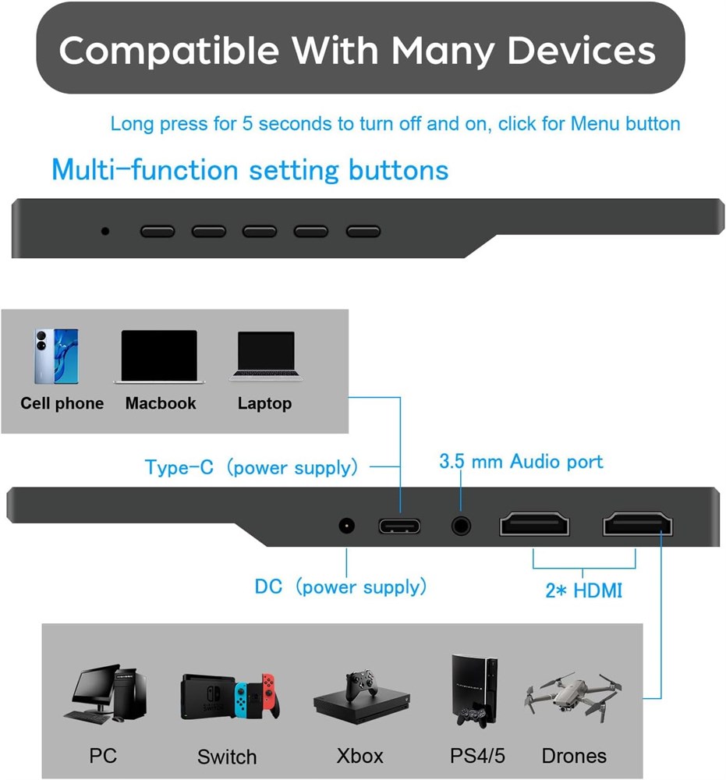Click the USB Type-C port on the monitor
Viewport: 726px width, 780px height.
(x=399, y=526)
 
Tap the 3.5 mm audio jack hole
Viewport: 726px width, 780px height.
(x=461, y=526)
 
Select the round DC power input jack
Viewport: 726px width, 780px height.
(x=346, y=525)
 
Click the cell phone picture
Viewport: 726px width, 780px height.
(x=55, y=356)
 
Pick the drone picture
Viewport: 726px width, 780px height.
(x=572, y=696)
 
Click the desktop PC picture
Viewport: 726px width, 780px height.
(x=105, y=693)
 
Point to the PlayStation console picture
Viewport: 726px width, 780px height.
(x=474, y=691)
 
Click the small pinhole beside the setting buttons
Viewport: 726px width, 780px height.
(x=105, y=232)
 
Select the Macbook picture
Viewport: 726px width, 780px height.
(x=159, y=356)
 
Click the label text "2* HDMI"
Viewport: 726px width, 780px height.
(x=583, y=590)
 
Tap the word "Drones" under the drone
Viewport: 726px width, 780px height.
(x=574, y=756)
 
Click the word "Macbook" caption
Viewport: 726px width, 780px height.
(x=161, y=403)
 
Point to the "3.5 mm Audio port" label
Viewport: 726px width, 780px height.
(x=521, y=462)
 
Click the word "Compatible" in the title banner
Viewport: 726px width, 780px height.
(x=169, y=51)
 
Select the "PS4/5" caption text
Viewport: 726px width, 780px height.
(x=477, y=756)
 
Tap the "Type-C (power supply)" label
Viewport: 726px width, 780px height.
(x=251, y=467)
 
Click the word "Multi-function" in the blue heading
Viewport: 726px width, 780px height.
(x=145, y=169)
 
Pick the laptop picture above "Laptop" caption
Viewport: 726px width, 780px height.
(x=266, y=356)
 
